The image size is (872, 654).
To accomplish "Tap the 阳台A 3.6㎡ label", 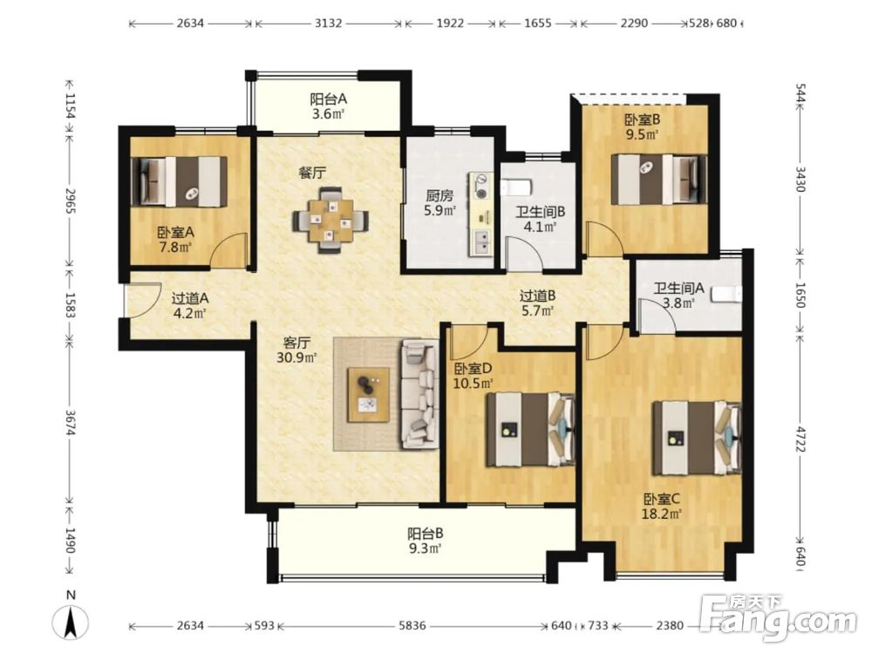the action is (x=328, y=106).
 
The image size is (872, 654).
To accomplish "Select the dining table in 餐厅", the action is (x=330, y=220).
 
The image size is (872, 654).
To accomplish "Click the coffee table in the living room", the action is (x=368, y=395).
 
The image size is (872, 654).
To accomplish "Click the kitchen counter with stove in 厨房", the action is (x=481, y=215).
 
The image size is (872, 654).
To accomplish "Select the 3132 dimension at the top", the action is (x=328, y=24).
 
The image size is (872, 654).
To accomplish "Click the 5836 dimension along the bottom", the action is (x=412, y=625).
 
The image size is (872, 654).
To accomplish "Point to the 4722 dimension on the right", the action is (x=800, y=439).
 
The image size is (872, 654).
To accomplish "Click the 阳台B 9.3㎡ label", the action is (x=426, y=542).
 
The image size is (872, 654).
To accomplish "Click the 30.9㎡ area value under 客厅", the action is (x=296, y=358).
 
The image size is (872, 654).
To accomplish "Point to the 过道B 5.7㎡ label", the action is (x=537, y=303).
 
